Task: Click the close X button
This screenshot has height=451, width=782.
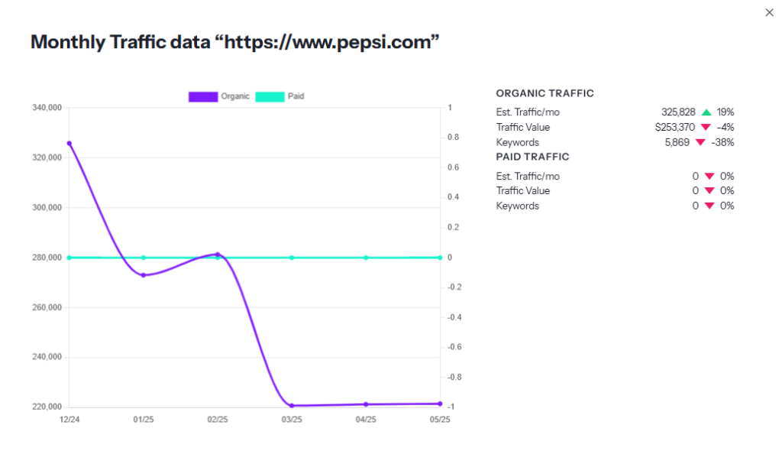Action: [769, 12]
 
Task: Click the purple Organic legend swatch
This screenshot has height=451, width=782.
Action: [202, 96]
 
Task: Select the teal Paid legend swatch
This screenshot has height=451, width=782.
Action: [269, 96]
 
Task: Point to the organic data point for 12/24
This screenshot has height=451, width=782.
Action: [69, 143]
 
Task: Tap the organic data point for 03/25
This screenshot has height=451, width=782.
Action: [292, 405]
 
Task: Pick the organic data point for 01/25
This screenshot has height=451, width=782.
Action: [143, 275]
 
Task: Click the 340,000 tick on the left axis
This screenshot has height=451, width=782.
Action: [47, 108]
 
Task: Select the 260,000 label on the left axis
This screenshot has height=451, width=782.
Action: [47, 307]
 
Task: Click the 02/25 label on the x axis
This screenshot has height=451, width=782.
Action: [218, 420]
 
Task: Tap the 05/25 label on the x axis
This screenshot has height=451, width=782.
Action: [440, 420]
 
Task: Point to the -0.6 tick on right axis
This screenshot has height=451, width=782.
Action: [454, 347]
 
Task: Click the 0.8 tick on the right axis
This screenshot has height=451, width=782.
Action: [452, 138]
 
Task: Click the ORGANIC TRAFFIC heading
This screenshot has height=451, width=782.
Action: [544, 93]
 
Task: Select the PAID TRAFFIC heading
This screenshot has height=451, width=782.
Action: [532, 157]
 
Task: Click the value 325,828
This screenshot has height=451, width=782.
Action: [678, 112]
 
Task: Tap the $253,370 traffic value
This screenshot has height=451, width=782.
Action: [674, 127]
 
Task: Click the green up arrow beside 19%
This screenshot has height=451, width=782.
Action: [706, 112]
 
